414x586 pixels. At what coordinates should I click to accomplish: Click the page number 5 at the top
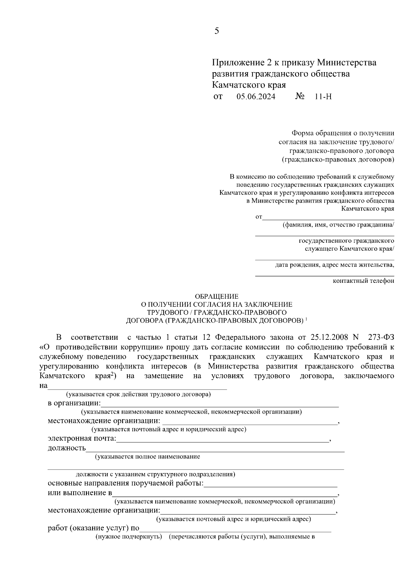point(216,31)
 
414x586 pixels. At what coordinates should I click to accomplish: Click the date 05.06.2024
point(256,97)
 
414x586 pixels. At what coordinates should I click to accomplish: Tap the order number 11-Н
point(323,97)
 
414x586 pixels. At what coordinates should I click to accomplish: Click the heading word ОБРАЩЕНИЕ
point(217,296)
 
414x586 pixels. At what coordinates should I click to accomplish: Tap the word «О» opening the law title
point(42,347)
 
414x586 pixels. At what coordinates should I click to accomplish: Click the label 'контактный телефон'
point(363,281)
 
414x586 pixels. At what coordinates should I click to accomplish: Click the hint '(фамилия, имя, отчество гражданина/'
point(338,225)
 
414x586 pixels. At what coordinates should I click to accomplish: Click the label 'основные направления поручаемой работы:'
point(126,483)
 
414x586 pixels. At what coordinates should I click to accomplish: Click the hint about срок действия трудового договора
point(138,394)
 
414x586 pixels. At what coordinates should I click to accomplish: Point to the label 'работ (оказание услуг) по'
point(93,528)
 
